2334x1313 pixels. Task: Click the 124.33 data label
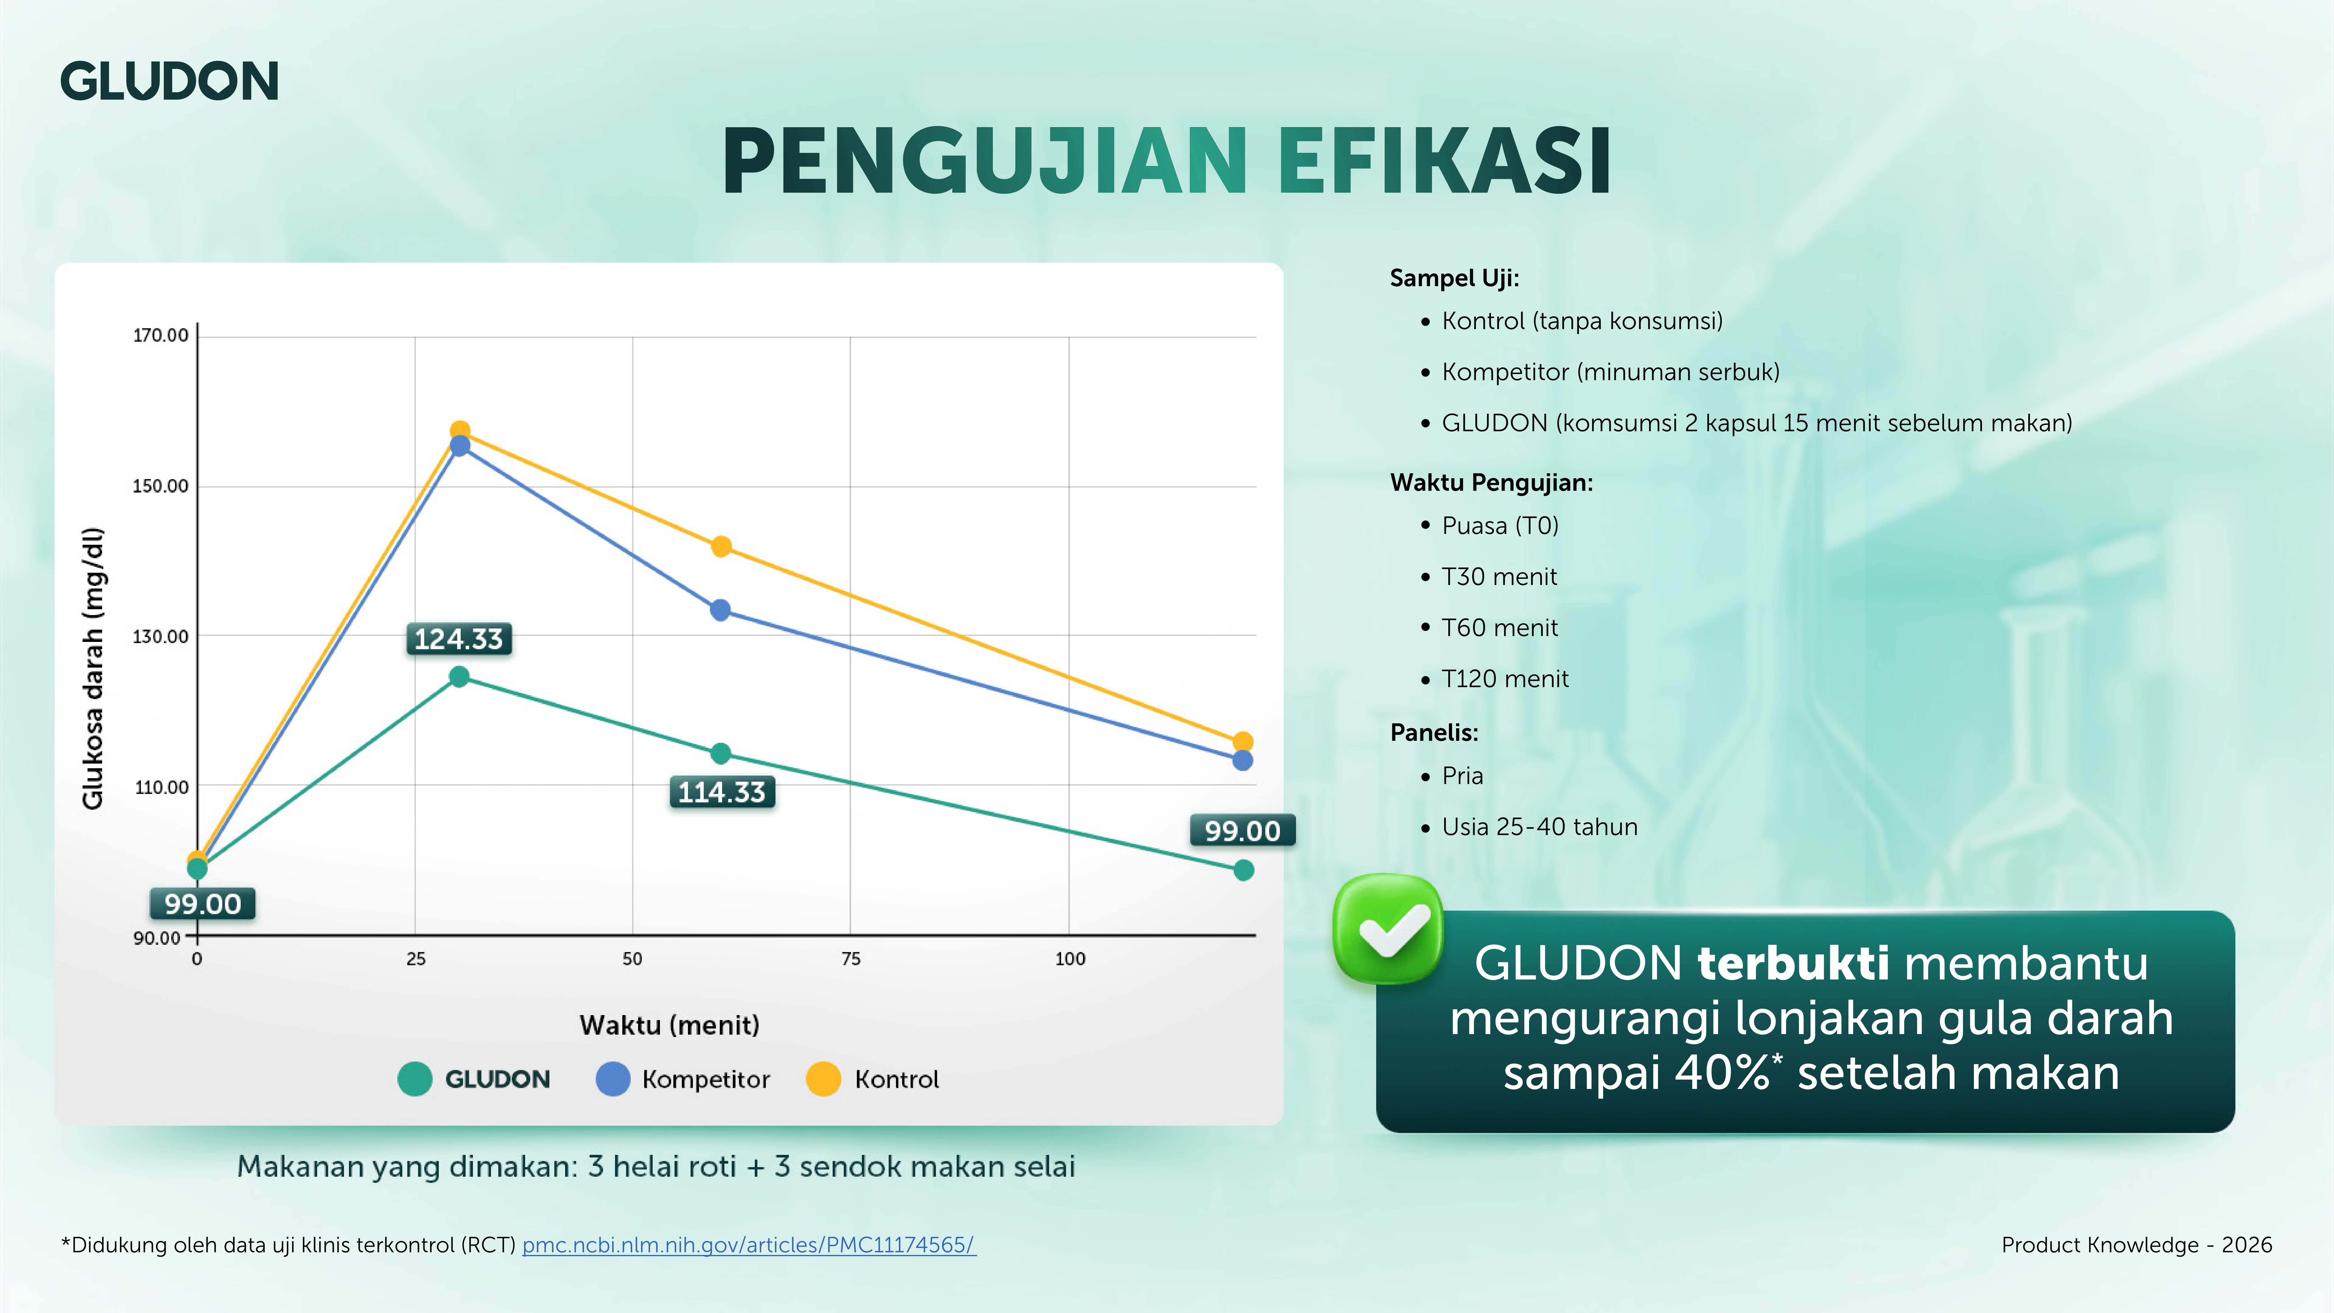click(458, 639)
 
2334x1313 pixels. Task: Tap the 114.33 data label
click(721, 792)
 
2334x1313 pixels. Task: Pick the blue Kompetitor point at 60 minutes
click(720, 610)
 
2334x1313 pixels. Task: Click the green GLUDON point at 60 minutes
click(720, 753)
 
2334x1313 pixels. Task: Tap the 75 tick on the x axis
click(850, 959)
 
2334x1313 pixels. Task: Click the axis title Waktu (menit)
click(670, 1025)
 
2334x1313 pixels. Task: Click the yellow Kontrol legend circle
click(823, 1078)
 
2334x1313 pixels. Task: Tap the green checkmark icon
click(1387, 929)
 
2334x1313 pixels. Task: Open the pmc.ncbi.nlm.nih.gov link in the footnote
click(748, 1245)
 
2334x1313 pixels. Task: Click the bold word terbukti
click(1793, 962)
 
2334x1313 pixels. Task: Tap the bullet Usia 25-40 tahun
click(1539, 826)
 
